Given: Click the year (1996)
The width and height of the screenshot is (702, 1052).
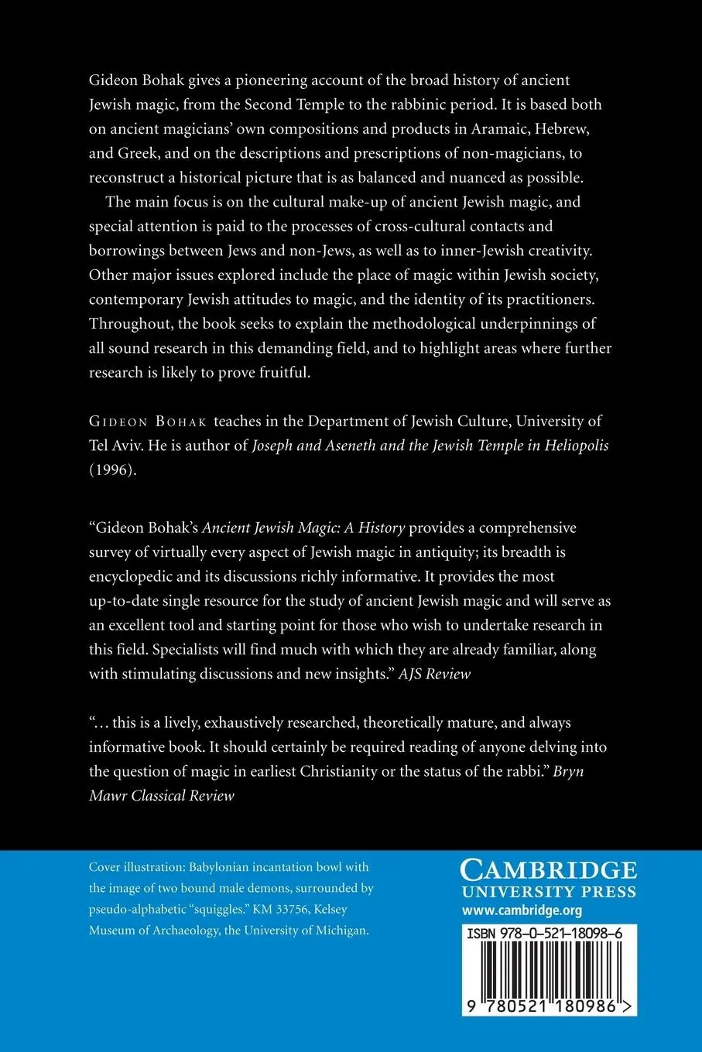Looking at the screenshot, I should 112,470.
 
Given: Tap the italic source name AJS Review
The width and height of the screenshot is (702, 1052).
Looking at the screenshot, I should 434,674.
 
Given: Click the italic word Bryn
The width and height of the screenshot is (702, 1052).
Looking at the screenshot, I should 569,772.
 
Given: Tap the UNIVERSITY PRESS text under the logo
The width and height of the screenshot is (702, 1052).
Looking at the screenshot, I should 548,892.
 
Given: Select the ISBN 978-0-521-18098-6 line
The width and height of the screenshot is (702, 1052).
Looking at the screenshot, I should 545,934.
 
